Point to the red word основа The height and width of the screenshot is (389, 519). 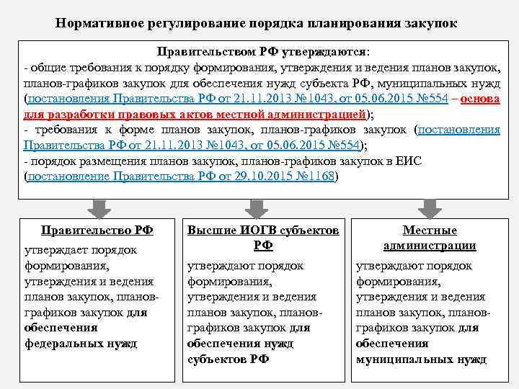480,99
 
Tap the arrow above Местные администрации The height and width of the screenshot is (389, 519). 430,207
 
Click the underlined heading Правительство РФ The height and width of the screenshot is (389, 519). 97,231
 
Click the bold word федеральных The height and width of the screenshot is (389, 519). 66,343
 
